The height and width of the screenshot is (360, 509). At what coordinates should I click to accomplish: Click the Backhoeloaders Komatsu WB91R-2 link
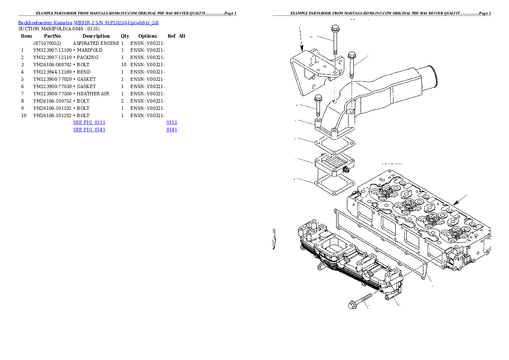point(88,22)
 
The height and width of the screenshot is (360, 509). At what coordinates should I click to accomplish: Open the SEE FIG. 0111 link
point(89,122)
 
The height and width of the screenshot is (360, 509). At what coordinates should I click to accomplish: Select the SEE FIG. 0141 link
point(89,129)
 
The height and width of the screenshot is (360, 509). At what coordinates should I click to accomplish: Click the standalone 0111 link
point(172,122)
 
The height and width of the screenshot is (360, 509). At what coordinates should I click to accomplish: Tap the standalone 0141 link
point(172,129)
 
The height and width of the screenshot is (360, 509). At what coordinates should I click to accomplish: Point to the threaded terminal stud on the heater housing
point(347,170)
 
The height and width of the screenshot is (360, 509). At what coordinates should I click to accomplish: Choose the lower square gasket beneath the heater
point(334,185)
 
